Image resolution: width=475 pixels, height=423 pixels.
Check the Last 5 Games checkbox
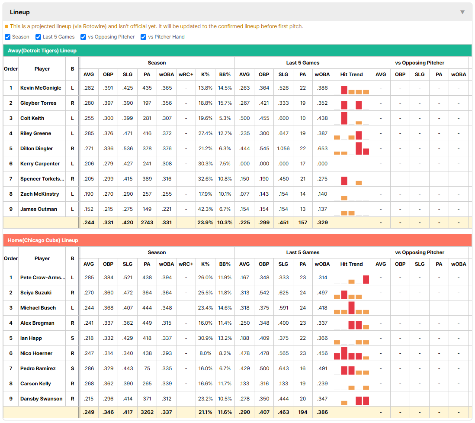click(38, 37)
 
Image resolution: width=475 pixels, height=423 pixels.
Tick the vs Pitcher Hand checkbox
click(143, 37)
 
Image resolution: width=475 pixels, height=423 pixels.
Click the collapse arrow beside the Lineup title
click(462, 12)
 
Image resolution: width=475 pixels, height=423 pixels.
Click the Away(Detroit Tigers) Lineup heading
click(42, 51)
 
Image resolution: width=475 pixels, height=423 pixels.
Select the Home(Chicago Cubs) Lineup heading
click(43, 240)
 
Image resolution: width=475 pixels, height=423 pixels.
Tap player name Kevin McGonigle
click(41, 88)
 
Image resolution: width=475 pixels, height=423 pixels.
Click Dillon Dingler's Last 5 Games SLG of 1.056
click(283, 149)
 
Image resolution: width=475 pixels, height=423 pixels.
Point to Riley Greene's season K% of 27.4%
click(205, 133)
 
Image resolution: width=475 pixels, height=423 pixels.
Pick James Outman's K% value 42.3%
click(205, 209)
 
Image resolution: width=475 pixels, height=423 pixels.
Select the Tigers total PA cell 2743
click(147, 223)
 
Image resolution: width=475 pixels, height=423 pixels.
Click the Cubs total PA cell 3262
click(147, 412)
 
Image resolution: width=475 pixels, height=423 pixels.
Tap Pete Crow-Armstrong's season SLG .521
click(128, 278)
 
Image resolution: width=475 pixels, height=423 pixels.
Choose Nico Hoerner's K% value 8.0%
click(205, 353)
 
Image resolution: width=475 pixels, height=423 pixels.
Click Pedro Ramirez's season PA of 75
click(147, 368)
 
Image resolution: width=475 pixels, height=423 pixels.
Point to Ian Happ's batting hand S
click(72, 338)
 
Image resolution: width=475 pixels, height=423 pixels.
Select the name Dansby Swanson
click(41, 399)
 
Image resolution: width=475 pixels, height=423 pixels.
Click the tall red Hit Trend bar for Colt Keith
click(344, 118)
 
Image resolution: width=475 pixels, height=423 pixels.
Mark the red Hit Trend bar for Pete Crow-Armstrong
click(366, 280)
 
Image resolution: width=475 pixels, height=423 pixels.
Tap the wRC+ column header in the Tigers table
click(186, 74)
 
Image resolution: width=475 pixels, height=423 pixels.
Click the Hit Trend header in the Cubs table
click(351, 264)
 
